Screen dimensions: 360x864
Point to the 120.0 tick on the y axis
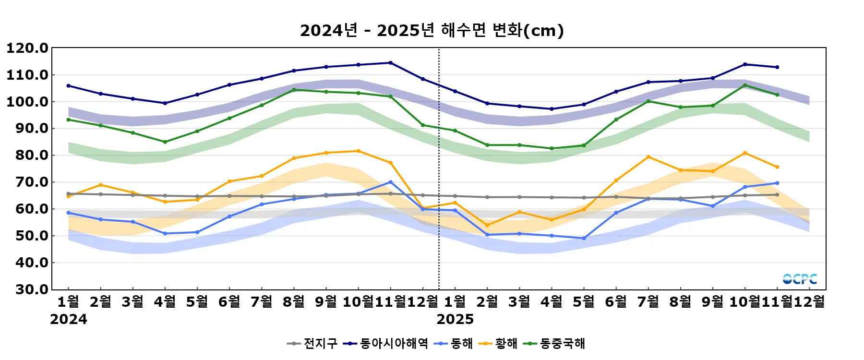[x=27, y=48]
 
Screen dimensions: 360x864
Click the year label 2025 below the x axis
[x=455, y=319]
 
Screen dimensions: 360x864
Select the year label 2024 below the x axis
[x=69, y=319]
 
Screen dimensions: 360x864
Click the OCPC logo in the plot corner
[x=800, y=279]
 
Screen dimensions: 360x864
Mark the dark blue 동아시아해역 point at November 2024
[x=390, y=63]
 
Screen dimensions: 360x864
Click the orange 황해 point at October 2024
[x=358, y=151]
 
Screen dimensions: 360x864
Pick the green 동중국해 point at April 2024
[x=165, y=142]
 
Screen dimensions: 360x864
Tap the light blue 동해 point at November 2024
[x=390, y=182]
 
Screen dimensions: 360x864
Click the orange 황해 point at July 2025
[x=648, y=157]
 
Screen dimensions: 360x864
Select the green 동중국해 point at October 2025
[x=745, y=85]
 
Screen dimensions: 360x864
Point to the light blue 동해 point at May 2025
[x=584, y=239]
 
